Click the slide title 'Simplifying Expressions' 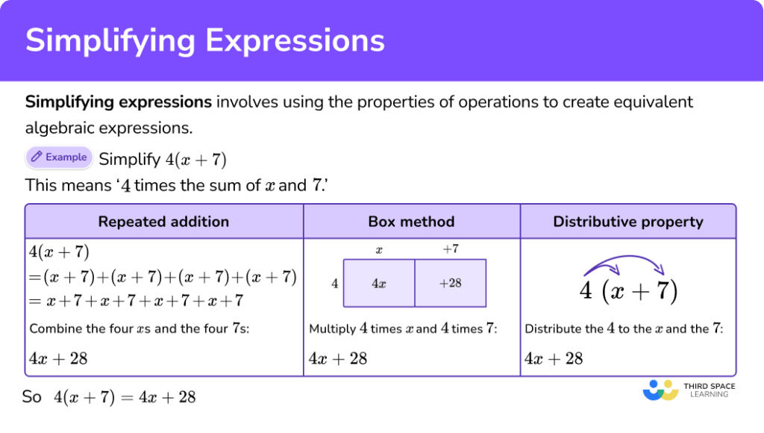[205, 40]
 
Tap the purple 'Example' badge [59, 158]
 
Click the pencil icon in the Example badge [36, 157]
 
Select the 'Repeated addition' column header [163, 222]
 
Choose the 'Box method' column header [411, 222]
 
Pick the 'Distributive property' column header [628, 222]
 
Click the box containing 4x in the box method [379, 283]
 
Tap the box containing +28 [450, 283]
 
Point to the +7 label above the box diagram [450, 249]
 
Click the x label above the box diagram [379, 250]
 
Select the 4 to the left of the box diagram [335, 283]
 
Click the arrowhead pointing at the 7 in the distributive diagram [660, 269]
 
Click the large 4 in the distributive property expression [586, 291]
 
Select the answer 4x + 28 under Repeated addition [58, 359]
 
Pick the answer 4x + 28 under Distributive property [554, 359]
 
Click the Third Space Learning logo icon [661, 390]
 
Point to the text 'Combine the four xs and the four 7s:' [140, 328]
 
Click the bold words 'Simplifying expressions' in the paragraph [119, 102]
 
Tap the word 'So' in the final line [31, 397]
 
